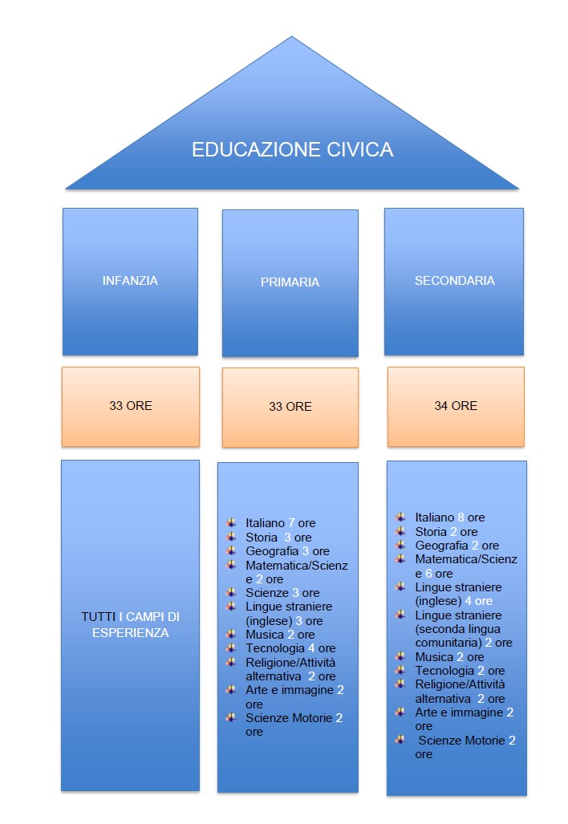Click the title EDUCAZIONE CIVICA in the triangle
pos(292,150)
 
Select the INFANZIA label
pos(130,281)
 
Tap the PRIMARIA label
pos(290,282)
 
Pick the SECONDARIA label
pos(454,281)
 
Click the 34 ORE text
pos(456,406)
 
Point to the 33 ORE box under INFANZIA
pos(130,406)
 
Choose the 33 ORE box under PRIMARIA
pos(290,407)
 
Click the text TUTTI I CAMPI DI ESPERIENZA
pos(130,624)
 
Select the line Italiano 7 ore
pos(280,523)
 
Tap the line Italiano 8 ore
pos(449,518)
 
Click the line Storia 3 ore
pos(278,538)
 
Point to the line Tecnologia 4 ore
pos(290,648)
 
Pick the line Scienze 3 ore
pos(282,593)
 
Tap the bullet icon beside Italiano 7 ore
pos(231,522)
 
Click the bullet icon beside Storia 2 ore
pos(400,531)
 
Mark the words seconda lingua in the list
pos(455,629)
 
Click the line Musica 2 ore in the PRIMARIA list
pos(280,635)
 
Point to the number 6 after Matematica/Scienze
pos(429,574)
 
